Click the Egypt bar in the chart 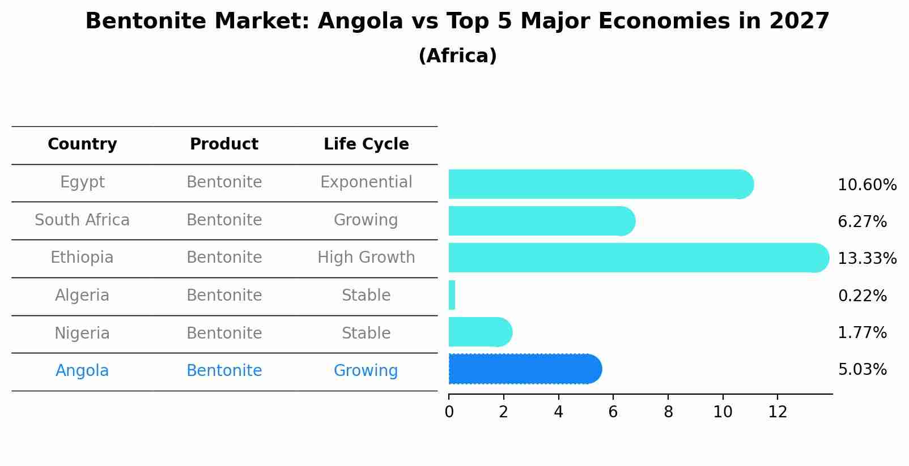tap(601, 184)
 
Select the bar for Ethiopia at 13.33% tap(638, 258)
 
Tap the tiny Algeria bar tap(452, 295)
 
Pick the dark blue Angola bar tap(524, 369)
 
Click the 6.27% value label tap(862, 222)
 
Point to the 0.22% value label tap(862, 296)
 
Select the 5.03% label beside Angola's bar tap(862, 370)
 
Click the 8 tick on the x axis tap(668, 412)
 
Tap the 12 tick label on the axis tap(778, 412)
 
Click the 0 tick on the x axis tap(449, 412)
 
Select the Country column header tap(82, 144)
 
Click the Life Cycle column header tap(366, 144)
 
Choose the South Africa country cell tap(82, 220)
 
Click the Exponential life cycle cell tap(366, 182)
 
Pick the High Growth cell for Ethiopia tap(366, 258)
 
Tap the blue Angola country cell tap(82, 371)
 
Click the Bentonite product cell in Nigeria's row tap(224, 333)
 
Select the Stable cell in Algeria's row tap(366, 296)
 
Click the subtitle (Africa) tap(457, 56)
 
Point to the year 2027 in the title tap(799, 22)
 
